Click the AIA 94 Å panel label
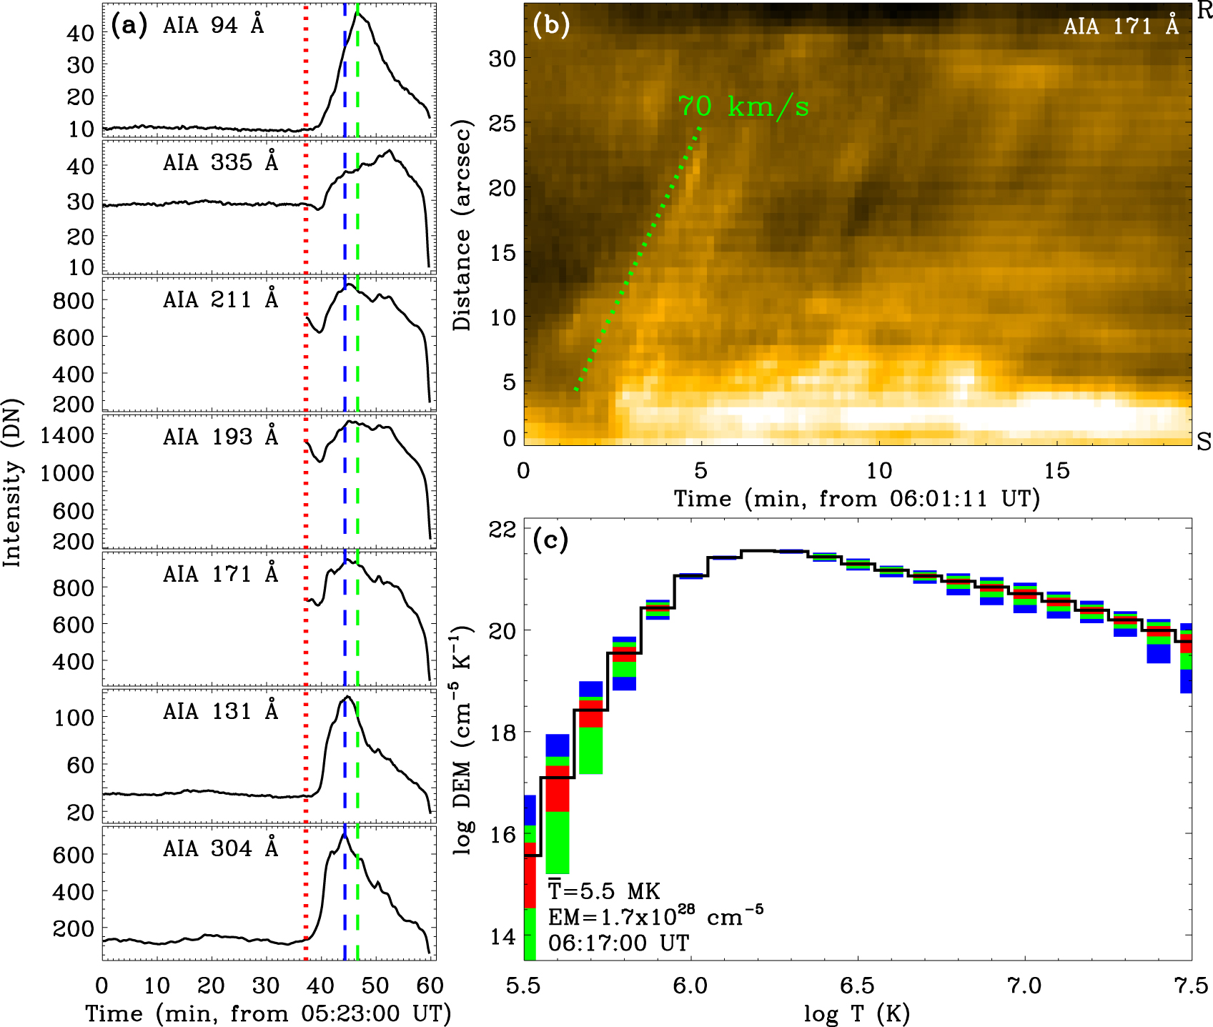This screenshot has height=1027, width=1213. point(213,26)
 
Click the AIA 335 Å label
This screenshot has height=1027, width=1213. point(219,163)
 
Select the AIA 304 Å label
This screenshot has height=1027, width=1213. point(219,849)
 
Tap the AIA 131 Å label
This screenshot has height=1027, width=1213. point(219,712)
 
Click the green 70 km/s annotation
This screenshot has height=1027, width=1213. point(743,107)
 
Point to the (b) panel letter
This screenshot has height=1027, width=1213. point(551,25)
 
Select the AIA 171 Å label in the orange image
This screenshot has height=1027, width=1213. point(1120,26)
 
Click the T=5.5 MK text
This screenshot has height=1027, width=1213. point(604,891)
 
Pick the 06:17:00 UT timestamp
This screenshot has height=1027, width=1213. point(618,943)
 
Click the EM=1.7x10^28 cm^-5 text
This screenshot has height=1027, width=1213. point(655,916)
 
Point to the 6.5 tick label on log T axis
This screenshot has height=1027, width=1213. point(857,986)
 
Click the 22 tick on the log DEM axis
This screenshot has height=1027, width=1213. point(502,530)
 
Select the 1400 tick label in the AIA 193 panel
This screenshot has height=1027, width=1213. point(67,435)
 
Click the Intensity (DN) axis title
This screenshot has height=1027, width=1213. point(12,483)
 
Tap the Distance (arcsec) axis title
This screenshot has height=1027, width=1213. point(462,227)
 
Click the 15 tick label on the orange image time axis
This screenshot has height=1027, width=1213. point(1056,470)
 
